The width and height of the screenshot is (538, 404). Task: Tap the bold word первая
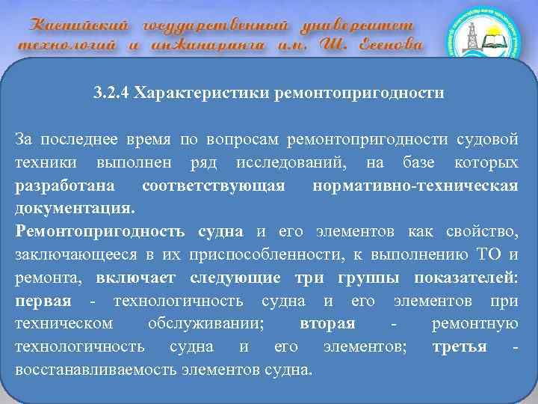tap(43, 301)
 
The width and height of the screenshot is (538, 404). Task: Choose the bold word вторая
tap(327, 323)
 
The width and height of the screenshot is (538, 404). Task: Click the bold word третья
tap(460, 346)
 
